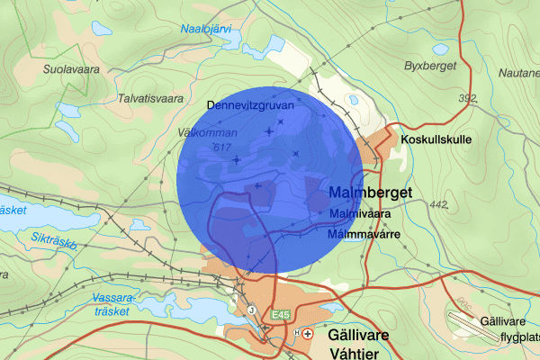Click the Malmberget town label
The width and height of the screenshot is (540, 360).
point(370,193)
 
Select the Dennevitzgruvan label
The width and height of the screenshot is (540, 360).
point(250,105)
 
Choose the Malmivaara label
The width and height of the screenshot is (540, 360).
point(359,214)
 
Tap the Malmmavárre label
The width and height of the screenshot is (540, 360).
point(363,233)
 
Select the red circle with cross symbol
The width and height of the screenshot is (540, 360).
point(309,332)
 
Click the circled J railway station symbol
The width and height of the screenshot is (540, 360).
point(251,310)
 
